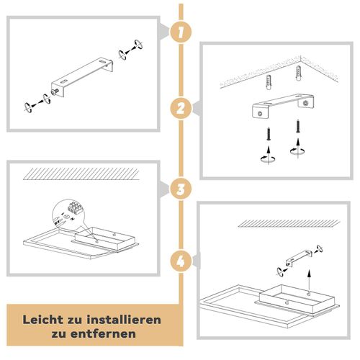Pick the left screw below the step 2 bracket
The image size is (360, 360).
click(x=268, y=133)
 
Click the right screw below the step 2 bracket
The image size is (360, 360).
click(x=295, y=132)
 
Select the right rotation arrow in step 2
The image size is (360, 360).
click(x=295, y=151)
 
